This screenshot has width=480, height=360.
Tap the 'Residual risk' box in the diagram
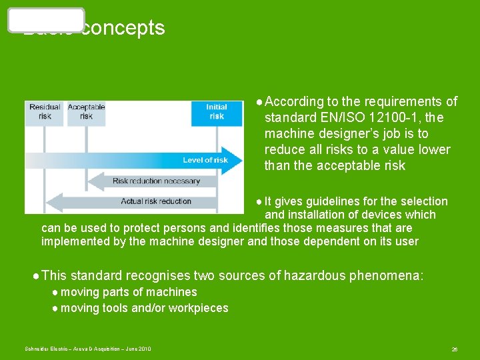pyautogui.click(x=45, y=112)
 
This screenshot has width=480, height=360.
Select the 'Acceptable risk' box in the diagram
pyautogui.click(x=86, y=112)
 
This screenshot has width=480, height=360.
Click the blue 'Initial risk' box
pyautogui.click(x=216, y=112)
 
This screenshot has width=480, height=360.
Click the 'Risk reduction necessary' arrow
pyautogui.click(x=156, y=181)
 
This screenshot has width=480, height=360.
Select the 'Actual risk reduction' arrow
pyautogui.click(x=156, y=201)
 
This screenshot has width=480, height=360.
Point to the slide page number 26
pyautogui.click(x=454, y=349)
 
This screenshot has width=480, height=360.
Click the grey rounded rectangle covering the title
pyautogui.click(x=46, y=20)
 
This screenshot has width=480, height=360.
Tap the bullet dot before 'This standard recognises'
pyautogui.click(x=35, y=275)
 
